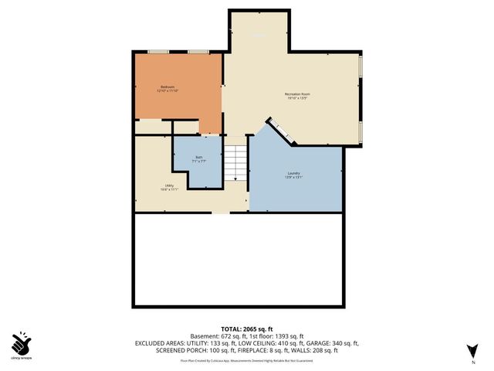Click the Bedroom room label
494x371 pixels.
tap(167, 86)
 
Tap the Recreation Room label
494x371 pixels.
tap(297, 94)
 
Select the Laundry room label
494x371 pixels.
tap(293, 173)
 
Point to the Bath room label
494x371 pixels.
tap(198, 157)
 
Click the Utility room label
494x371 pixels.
tap(169, 185)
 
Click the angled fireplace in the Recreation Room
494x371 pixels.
tap(281, 131)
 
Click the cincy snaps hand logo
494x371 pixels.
tap(21, 342)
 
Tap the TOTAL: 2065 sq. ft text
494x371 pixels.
tap(247, 328)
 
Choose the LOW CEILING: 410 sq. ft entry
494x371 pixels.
tap(266, 342)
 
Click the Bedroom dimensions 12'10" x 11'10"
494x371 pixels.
tap(167, 90)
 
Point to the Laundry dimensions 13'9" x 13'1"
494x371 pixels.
tap(293, 178)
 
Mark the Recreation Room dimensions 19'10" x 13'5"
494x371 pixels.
tap(297, 99)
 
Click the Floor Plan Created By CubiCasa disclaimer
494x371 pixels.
tap(247, 359)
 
